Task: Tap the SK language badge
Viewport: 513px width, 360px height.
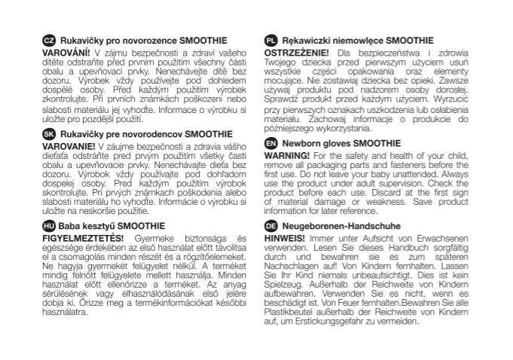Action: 47,133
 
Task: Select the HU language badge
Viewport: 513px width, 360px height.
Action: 47,225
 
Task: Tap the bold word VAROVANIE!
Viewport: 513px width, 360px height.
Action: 68,145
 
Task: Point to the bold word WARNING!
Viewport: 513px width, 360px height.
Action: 289,154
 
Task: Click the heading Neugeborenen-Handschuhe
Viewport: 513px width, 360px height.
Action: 337,225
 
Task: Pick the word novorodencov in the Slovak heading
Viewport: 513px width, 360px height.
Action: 151,133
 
